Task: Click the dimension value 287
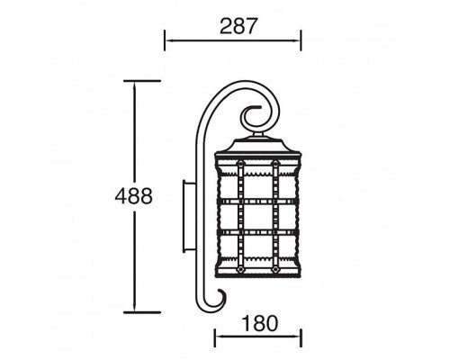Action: [x=238, y=26]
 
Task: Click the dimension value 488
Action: [x=134, y=196]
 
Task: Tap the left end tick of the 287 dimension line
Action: [x=165, y=40]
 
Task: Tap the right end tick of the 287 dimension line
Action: [x=301, y=40]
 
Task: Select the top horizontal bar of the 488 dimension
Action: [x=142, y=81]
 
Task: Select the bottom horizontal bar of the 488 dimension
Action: [x=142, y=312]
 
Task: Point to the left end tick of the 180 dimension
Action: [x=215, y=337]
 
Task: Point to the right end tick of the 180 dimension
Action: [x=301, y=337]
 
